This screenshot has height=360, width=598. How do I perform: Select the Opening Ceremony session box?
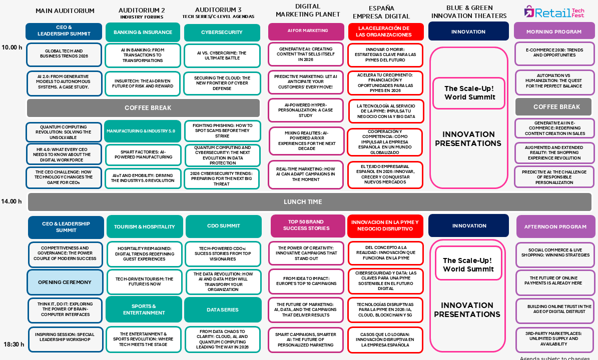(x=65, y=282)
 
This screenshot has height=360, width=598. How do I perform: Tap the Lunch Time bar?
(x=310, y=202)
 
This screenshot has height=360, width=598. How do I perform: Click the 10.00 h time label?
(x=12, y=47)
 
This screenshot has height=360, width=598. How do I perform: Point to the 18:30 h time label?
(x=14, y=344)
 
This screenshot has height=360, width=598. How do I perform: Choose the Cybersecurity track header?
(x=222, y=32)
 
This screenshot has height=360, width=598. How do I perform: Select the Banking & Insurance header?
(x=143, y=32)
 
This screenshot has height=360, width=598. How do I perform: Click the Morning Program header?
(x=554, y=31)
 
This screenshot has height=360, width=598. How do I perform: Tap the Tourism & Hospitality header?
(x=145, y=226)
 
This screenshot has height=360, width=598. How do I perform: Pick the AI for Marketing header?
(x=308, y=30)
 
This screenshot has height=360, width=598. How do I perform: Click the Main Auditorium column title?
(x=65, y=10)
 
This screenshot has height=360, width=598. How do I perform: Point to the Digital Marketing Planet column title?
(x=308, y=10)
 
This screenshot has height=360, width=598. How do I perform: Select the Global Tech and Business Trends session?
(x=64, y=53)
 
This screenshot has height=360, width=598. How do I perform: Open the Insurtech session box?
(x=143, y=83)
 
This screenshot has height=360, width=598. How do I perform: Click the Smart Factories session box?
(x=143, y=154)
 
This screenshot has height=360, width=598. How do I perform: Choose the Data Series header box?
(x=223, y=309)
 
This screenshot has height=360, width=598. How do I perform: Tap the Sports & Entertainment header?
(x=144, y=309)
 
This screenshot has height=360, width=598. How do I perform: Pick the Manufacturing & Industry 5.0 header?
(x=143, y=131)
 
